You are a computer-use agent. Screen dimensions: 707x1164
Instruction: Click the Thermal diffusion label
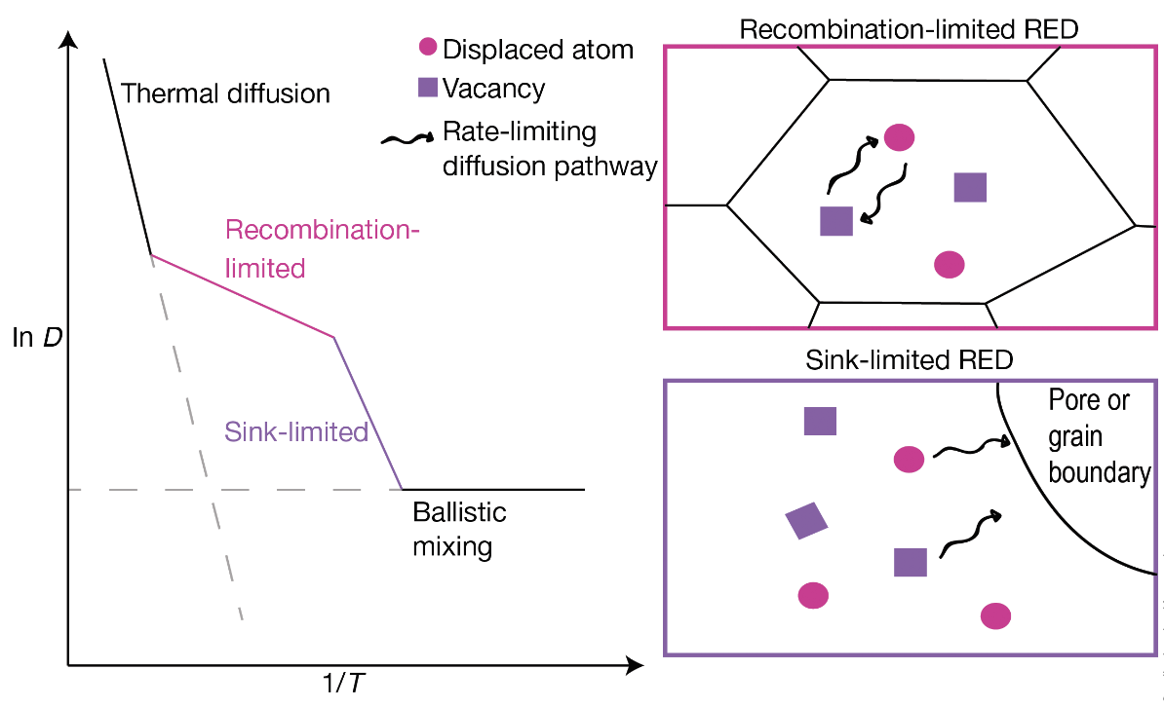(x=226, y=94)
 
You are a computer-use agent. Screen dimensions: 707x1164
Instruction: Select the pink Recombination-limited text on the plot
(x=322, y=248)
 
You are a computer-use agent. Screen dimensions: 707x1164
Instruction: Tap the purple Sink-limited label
(x=296, y=431)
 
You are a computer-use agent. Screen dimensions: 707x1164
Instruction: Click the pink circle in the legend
(x=427, y=47)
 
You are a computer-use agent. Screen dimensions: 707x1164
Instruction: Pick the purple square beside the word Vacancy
(x=427, y=88)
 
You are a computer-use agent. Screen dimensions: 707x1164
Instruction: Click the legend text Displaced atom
(x=537, y=49)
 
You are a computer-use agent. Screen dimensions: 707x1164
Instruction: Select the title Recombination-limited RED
(x=908, y=27)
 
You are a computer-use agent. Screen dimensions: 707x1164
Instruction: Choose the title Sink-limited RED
(x=910, y=359)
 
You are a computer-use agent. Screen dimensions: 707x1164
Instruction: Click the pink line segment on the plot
(x=244, y=296)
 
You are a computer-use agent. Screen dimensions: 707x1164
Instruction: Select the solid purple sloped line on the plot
(x=369, y=414)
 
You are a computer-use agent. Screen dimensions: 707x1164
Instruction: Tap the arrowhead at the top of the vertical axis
(x=67, y=41)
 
